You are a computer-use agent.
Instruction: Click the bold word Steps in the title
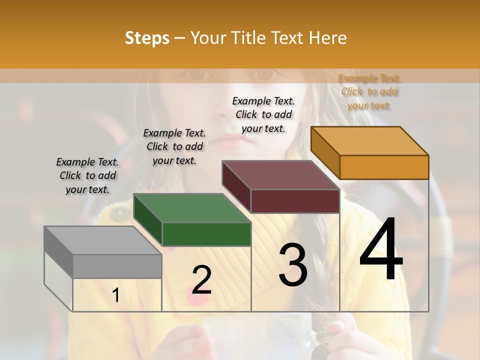coord(147,38)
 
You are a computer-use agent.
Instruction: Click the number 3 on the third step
coord(293,265)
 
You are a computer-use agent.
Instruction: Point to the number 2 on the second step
coord(201,279)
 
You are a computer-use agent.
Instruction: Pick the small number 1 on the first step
coord(116,295)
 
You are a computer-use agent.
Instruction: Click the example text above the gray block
coord(87,175)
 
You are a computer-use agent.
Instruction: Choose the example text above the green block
coord(174,146)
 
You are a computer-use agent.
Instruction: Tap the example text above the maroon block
coord(263,114)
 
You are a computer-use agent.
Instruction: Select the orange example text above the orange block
coord(369,91)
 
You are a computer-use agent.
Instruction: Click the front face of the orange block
coord(384,167)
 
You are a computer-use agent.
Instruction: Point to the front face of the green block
coord(206,234)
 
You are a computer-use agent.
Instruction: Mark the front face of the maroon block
coord(295,201)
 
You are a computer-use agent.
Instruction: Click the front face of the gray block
coord(117,266)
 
